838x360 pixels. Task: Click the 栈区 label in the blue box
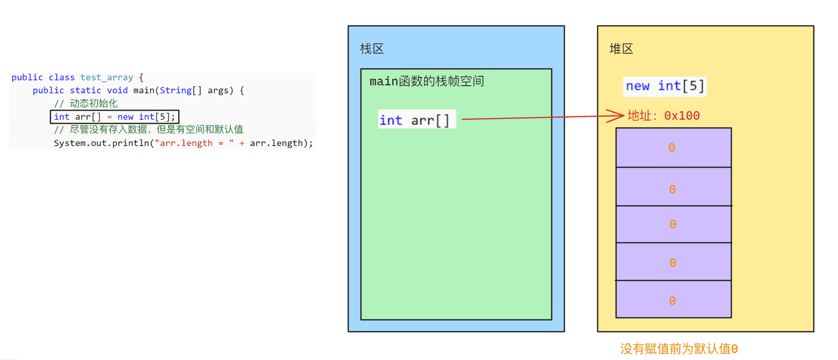point(372,49)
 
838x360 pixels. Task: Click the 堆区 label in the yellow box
point(621,49)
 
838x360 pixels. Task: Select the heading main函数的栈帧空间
point(427,81)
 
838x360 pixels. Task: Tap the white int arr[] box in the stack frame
point(417,119)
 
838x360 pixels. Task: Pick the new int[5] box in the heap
point(664,87)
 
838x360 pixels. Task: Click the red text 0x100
point(682,116)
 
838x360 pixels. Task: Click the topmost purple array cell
point(674,148)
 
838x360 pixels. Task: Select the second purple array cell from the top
point(674,187)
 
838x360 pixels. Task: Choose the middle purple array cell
point(674,224)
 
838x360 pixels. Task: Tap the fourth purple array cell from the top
point(674,262)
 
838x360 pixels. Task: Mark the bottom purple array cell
point(674,299)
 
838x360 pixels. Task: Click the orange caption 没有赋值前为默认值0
point(679,349)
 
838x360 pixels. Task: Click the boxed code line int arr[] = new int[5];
point(114,117)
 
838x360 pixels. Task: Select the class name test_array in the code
point(107,77)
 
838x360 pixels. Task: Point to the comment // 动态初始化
point(86,103)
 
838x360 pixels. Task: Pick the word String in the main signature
point(176,90)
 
